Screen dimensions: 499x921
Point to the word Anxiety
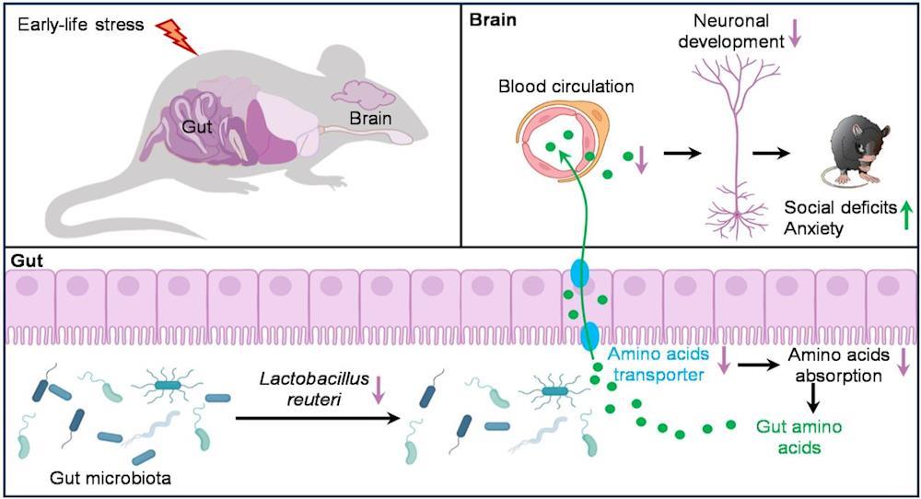pyautogui.click(x=815, y=227)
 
